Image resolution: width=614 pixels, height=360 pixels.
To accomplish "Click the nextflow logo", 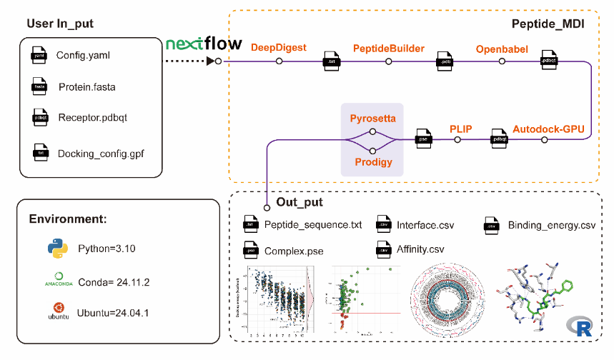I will [204, 44].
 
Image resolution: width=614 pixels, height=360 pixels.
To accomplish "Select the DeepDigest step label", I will [279, 48].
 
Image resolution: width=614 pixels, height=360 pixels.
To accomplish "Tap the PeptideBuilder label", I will [389, 48].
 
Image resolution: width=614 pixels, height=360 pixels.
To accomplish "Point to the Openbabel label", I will [502, 48].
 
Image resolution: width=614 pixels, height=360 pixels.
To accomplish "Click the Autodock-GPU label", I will [548, 129].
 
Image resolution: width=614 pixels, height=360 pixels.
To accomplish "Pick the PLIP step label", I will [461, 129].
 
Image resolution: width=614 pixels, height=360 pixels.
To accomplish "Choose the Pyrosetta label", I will [372, 116].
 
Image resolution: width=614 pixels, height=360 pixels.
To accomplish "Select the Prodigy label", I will [372, 163].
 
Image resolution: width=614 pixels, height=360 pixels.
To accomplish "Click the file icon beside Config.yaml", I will [38, 54].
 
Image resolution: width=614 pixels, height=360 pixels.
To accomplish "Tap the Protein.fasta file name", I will [86, 87].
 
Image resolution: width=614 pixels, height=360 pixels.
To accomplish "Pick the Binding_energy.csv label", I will [551, 226].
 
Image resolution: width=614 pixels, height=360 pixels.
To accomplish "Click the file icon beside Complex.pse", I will [249, 251].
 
